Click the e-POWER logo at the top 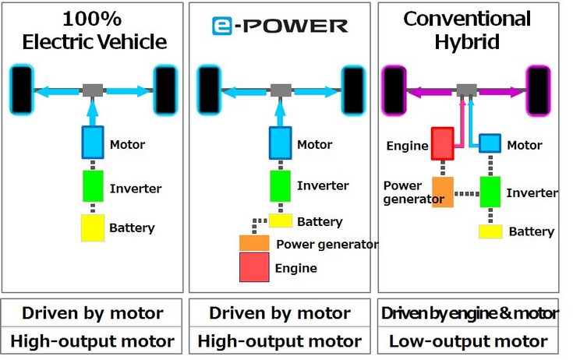point(280,26)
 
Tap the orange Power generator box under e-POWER point(254,243)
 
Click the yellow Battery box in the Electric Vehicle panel point(93,228)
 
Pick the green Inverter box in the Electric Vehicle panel point(93,186)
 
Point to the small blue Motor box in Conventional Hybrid point(490,143)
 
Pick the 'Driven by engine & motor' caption point(469,313)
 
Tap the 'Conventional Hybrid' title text point(467,30)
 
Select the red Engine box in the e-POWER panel point(254,267)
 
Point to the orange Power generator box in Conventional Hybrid point(442,192)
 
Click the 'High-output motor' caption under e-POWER point(280,341)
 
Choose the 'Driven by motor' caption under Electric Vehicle point(93,313)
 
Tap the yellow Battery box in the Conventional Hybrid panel point(490,231)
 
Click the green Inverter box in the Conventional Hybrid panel point(490,192)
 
